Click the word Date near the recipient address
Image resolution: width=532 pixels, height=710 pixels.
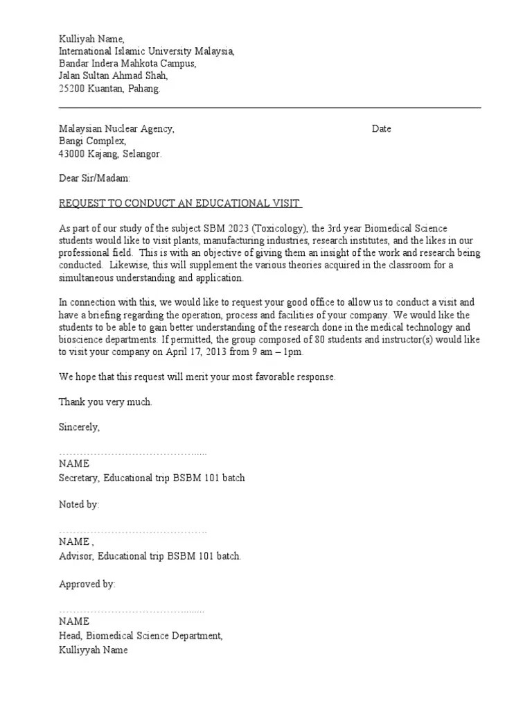coord(381,129)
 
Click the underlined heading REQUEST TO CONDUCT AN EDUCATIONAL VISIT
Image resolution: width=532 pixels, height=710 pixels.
coord(180,203)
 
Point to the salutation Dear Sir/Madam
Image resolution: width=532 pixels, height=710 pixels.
coord(94,179)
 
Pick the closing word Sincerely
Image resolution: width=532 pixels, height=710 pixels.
coord(79,427)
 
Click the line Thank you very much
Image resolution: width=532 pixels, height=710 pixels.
coord(105,402)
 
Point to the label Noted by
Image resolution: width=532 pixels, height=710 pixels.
coord(79,504)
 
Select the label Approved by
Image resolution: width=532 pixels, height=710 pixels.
coord(87,585)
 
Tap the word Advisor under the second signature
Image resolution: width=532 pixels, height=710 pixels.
coord(76,556)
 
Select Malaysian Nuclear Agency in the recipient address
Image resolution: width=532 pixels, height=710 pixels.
coord(116,129)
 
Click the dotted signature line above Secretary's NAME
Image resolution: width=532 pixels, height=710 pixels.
coord(132,452)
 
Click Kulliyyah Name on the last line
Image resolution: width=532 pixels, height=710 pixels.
coord(94,650)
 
